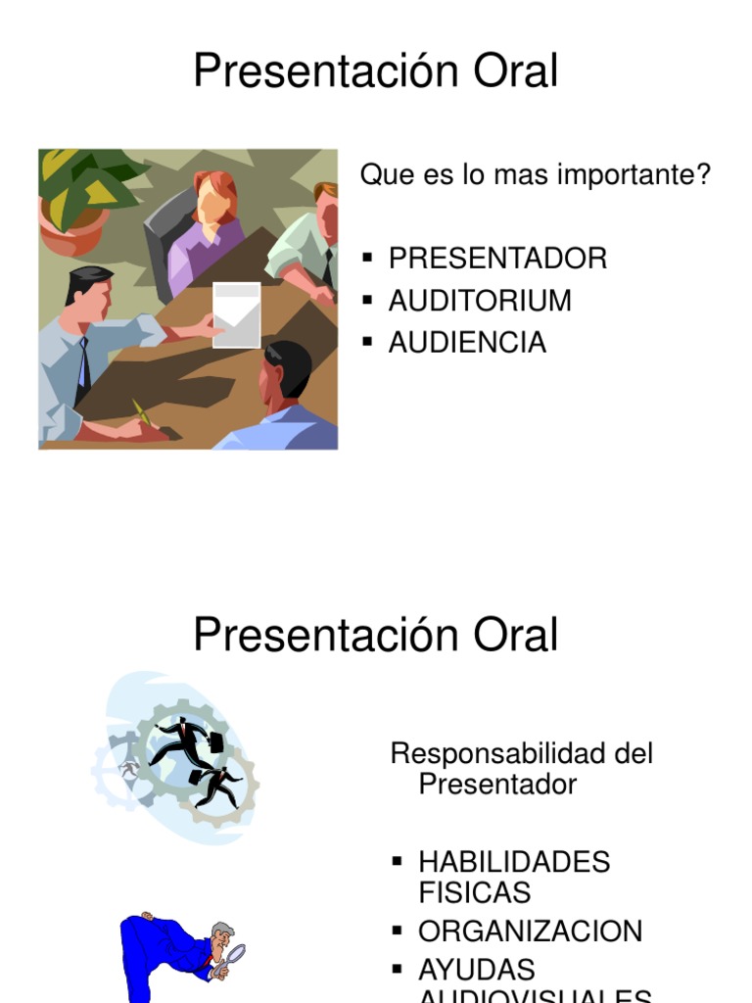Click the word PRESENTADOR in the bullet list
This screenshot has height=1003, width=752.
coord(497,259)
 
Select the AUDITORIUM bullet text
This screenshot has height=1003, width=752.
coord(480,301)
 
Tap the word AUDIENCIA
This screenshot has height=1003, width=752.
coord(467,343)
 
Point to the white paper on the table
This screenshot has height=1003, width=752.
coord(237,314)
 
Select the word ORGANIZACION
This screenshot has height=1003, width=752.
coord(530,931)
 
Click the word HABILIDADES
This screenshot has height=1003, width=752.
coord(514,862)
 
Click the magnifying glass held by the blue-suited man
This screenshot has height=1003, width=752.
coord(233,956)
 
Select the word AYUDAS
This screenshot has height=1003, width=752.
coord(476,970)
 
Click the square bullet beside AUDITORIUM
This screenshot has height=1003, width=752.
coord(368,301)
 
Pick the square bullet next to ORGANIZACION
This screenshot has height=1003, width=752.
coord(398,930)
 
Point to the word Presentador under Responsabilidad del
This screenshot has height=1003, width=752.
coord(497,784)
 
